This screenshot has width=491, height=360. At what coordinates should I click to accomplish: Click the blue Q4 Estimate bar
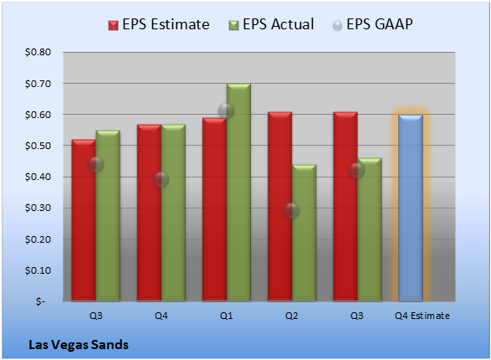pos(411,208)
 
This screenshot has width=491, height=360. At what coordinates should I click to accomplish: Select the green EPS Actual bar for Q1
pos(238,193)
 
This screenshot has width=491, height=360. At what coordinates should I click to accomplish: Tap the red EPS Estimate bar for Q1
pos(214,209)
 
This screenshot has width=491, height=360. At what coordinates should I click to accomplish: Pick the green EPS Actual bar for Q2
pos(304,233)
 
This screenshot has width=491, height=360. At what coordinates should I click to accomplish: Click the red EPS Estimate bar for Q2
pos(280,207)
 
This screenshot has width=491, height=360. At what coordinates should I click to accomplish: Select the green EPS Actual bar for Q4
pos(173,213)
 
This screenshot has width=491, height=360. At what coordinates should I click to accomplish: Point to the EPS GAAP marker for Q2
pos(292,210)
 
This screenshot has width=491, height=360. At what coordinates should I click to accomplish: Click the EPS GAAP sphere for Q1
pos(226,111)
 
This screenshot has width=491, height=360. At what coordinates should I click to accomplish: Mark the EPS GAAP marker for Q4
pos(161,179)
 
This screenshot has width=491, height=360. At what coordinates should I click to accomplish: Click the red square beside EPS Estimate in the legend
pos(114,25)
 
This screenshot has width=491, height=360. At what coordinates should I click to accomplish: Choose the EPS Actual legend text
pos(279,24)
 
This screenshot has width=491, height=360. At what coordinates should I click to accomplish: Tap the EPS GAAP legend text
pos(380,24)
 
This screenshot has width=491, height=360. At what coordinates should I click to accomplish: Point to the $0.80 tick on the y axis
pos(38,52)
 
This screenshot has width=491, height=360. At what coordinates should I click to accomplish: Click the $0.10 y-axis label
pos(38,270)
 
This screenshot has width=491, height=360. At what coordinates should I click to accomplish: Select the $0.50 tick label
pos(38,146)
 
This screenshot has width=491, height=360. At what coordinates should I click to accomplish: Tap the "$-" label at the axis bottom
pos(40,301)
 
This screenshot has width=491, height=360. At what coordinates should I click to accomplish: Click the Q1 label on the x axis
pos(227,316)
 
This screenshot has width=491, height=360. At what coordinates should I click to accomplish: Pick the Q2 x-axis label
pos(292,316)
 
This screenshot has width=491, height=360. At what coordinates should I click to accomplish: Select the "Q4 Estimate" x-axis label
pos(422,316)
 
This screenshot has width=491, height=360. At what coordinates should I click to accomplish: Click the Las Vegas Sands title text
pos(79,345)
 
